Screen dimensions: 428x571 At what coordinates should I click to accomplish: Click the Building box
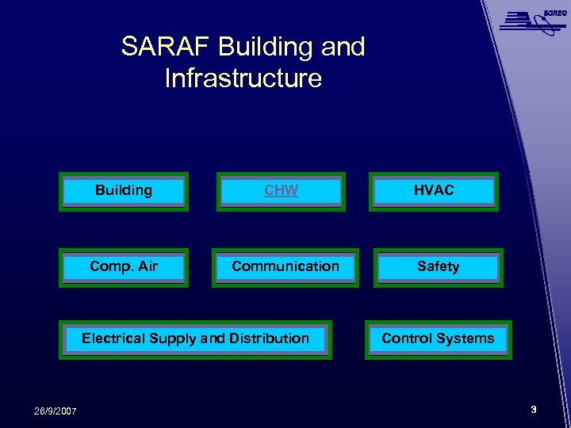[124, 191]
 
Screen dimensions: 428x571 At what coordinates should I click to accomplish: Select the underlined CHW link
[281, 190]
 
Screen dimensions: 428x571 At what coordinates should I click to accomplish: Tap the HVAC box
[434, 191]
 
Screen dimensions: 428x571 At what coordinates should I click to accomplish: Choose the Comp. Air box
[124, 267]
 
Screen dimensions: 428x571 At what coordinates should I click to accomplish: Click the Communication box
[285, 267]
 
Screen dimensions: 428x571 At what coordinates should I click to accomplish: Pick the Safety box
[438, 267]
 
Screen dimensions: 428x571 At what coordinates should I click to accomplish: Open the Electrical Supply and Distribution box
[195, 339]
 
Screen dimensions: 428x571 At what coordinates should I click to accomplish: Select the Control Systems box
[438, 339]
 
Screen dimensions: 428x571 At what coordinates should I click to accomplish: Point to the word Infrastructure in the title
[243, 78]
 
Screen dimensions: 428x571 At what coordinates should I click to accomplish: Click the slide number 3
[534, 410]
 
